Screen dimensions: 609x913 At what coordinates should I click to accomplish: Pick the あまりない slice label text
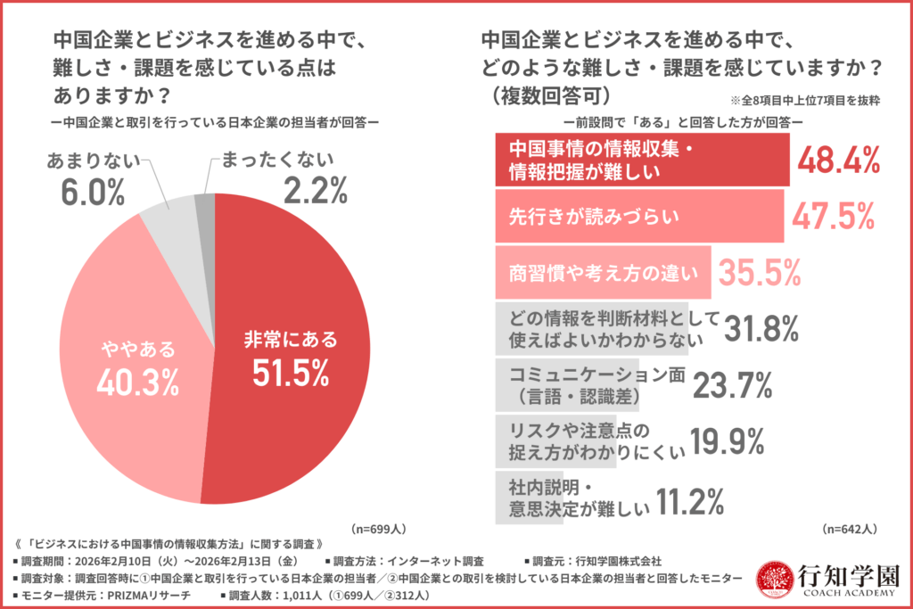click(x=92, y=161)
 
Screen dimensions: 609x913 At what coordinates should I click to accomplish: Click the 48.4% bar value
click(x=838, y=160)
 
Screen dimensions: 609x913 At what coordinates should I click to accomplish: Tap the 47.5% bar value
click(x=831, y=216)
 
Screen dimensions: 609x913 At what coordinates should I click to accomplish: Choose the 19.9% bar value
click(x=723, y=440)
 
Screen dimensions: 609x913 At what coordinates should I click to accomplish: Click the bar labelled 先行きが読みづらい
click(x=638, y=216)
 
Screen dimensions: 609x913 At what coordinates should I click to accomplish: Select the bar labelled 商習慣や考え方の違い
click(x=602, y=272)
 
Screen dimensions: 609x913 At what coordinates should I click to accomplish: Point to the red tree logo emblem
click(x=773, y=579)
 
